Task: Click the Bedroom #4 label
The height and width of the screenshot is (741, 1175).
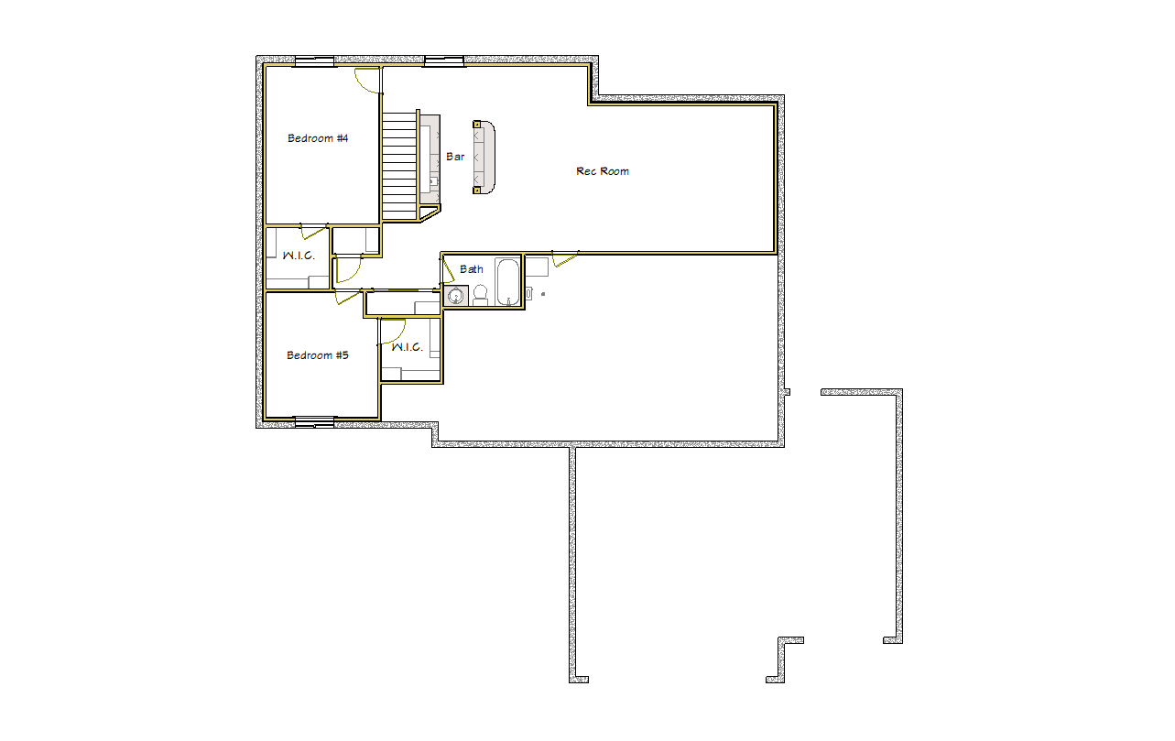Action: (x=318, y=138)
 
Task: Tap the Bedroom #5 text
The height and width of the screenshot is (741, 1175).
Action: (x=318, y=355)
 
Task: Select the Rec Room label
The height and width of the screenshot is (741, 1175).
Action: (x=603, y=171)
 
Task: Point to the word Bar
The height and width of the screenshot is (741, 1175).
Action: (x=455, y=157)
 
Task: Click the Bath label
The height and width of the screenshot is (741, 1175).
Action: (x=471, y=269)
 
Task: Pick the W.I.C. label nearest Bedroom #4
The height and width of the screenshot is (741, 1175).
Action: (x=299, y=256)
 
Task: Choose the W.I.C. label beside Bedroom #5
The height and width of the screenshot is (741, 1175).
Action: (x=407, y=347)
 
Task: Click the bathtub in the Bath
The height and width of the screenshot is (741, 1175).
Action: (x=507, y=282)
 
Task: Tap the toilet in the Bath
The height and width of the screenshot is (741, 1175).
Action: (x=480, y=295)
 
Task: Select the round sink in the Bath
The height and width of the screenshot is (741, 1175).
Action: (x=455, y=297)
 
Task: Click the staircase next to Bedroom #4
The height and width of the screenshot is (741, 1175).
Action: (x=399, y=165)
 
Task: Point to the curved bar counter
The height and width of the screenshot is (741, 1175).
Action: (x=484, y=158)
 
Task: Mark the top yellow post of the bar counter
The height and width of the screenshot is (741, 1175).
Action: (x=477, y=125)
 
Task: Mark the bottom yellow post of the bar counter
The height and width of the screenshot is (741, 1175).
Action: (x=477, y=191)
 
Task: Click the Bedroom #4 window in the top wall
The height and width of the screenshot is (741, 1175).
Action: (x=314, y=61)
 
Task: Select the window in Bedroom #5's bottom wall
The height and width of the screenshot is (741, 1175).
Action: (x=314, y=422)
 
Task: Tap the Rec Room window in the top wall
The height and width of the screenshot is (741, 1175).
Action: (x=444, y=61)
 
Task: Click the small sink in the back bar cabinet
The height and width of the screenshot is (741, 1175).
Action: (x=433, y=181)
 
